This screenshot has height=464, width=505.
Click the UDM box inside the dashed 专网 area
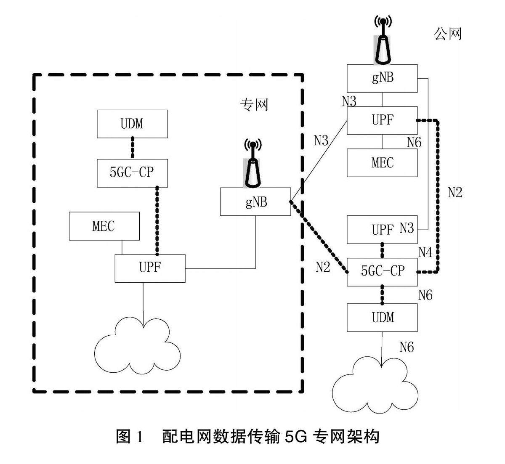click(132, 124)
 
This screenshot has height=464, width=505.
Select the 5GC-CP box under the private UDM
click(132, 173)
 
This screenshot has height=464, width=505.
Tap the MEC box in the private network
click(104, 226)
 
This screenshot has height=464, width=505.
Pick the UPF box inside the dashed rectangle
click(150, 268)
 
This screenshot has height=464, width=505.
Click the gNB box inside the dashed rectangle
click(255, 202)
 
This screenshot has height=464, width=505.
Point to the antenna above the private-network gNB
click(252, 166)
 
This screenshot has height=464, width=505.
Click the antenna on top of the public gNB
click(383, 41)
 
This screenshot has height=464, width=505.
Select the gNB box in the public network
click(382, 78)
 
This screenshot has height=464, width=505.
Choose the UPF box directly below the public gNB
click(382, 120)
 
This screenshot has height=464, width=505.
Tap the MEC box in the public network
click(382, 163)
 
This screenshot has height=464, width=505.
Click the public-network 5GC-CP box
click(382, 271)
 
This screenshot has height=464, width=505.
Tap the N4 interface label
click(425, 252)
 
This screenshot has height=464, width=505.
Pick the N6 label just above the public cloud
click(407, 347)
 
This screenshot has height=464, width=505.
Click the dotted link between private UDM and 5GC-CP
click(132, 148)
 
